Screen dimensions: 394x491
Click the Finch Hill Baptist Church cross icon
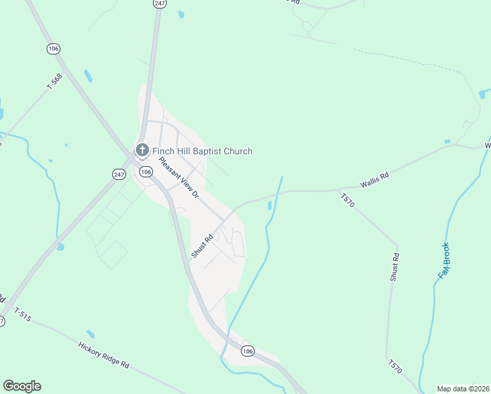pyautogui.click(x=141, y=151)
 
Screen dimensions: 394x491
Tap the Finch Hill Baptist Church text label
pyautogui.click(x=202, y=151)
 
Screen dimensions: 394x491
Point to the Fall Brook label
pyautogui.click(x=446, y=259)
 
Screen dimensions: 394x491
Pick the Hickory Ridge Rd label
pyautogui.click(x=104, y=355)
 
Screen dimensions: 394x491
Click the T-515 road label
pyautogui.click(x=22, y=315)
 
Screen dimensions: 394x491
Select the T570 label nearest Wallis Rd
pyautogui.click(x=347, y=200)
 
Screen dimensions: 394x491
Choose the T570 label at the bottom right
pyautogui.click(x=395, y=366)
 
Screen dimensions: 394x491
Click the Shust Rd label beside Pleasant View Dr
pyautogui.click(x=203, y=246)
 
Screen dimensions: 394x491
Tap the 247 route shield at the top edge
pyautogui.click(x=160, y=3)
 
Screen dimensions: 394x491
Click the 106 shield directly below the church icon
pyautogui.click(x=146, y=172)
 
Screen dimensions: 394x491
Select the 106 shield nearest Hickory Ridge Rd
pyautogui.click(x=247, y=351)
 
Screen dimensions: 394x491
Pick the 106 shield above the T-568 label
pyautogui.click(x=53, y=49)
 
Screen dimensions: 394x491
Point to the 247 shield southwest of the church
pyautogui.click(x=119, y=174)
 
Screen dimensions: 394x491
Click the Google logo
pyautogui.click(x=22, y=386)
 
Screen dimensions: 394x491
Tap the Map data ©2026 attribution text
pyautogui.click(x=462, y=389)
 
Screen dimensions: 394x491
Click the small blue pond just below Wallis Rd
pyautogui.click(x=270, y=206)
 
